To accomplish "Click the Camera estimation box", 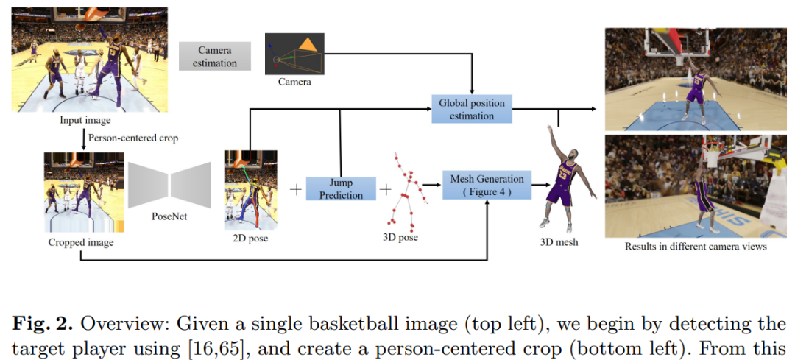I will coord(215,57).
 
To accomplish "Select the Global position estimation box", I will coord(472,109).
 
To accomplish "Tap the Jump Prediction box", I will coord(341,189).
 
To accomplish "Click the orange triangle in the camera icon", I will coord(308,46).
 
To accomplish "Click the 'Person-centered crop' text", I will coord(133,137).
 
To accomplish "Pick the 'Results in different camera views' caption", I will coord(696,247).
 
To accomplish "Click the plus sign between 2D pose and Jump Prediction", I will coord(296,190).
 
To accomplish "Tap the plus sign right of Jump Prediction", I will coord(385,190).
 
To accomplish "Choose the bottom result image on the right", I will coord(696,186).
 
